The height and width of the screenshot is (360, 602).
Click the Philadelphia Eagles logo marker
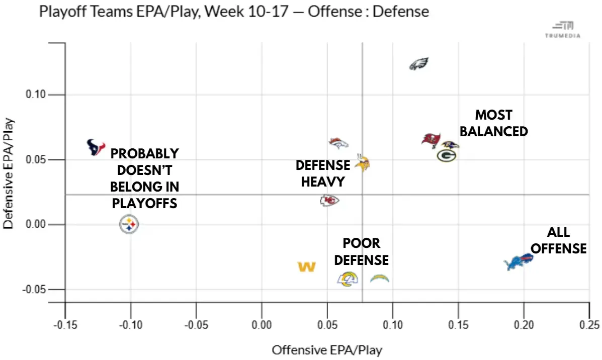point(418,64)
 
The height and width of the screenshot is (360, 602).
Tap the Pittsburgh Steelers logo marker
point(129,224)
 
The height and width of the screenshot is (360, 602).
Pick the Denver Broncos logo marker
point(338,142)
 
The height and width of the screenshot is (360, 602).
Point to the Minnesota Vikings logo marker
point(363,163)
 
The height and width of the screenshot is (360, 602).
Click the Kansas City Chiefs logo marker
point(329,201)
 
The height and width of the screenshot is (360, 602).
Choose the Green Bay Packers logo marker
point(446,155)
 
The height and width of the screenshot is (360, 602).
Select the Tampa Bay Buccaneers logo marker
point(431,140)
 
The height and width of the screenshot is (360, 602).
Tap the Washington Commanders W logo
point(306,266)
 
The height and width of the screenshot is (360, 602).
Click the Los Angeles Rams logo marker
point(347,279)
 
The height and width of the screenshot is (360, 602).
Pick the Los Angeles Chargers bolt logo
point(380,278)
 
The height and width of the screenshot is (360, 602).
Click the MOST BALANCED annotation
point(494,123)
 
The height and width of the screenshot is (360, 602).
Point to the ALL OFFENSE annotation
point(559,240)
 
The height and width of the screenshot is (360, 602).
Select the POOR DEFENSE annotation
point(362,251)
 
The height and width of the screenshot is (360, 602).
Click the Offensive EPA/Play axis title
point(327,349)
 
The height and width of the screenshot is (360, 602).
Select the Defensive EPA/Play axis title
point(9,173)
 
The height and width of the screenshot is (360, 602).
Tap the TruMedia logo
point(563,30)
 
